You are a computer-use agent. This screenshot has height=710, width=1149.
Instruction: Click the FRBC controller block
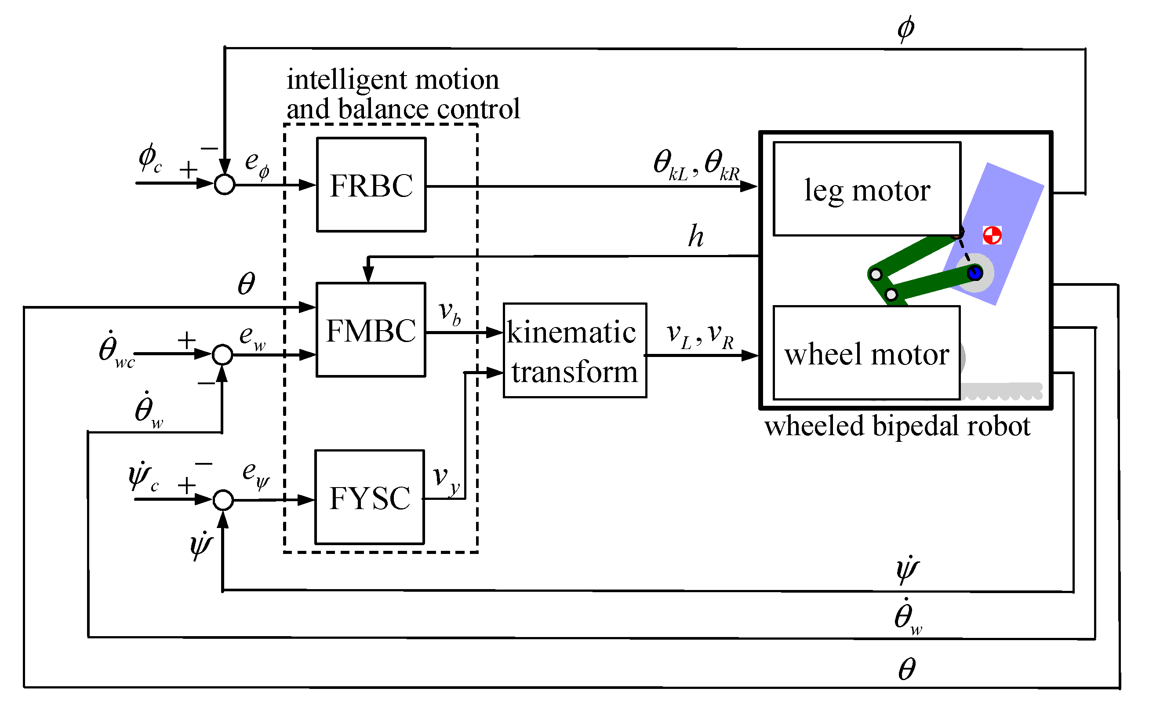[371, 185]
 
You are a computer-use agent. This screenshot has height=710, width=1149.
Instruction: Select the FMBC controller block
[371, 330]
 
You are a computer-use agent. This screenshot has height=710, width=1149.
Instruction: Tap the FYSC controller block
[370, 497]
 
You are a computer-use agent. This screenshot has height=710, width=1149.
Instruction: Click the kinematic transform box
[574, 350]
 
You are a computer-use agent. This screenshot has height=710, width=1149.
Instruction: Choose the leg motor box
[867, 189]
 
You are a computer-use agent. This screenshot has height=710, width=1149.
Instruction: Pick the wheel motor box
[866, 353]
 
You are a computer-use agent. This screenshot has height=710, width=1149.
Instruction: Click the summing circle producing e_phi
[224, 184]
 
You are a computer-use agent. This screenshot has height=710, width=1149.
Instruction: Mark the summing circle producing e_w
[222, 354]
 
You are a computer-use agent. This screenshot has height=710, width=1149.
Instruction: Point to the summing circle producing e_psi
[223, 499]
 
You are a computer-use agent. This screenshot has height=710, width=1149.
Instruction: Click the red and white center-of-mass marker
[992, 235]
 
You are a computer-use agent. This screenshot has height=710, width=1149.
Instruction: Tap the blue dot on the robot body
[975, 273]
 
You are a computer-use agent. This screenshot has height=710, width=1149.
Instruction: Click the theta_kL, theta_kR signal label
[697, 165]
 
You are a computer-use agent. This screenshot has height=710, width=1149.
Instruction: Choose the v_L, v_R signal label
[700, 335]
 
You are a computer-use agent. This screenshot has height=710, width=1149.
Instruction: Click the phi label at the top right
[905, 28]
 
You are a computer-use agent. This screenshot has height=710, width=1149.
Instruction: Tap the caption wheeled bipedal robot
[897, 426]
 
